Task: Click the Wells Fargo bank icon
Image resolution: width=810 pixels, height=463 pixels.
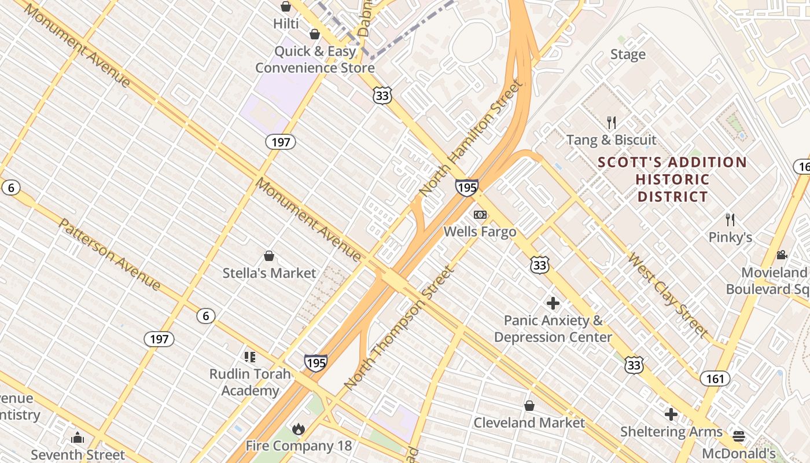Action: coord(480,215)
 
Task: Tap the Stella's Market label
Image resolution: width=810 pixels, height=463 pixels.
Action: coord(269,273)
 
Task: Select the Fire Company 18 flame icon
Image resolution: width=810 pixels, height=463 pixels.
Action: coord(299,429)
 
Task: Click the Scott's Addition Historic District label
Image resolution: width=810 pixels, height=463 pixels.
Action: coord(672,179)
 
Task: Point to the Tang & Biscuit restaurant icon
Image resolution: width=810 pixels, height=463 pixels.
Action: coord(612,123)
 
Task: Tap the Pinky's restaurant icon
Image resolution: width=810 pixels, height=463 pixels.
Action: coord(730,220)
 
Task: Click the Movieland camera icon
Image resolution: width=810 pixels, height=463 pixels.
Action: coord(782,255)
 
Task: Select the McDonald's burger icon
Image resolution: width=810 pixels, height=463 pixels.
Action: coord(738,436)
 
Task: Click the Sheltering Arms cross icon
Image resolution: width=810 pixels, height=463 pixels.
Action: coord(671,414)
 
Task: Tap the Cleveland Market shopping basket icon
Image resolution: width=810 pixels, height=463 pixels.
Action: coord(529,406)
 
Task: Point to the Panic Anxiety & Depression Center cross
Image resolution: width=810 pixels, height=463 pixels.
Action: coord(553,303)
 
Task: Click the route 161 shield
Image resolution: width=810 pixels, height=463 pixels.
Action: coord(715,379)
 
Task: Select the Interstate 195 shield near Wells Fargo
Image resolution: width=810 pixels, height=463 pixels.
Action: coord(466,188)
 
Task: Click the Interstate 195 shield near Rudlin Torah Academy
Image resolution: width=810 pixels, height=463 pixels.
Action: coord(315,363)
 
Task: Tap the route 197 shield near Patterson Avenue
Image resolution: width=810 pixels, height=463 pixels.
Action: coord(159,339)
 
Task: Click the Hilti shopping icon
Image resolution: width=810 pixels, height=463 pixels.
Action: coord(286,7)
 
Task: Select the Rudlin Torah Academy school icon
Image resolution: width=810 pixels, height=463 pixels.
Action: coord(250,357)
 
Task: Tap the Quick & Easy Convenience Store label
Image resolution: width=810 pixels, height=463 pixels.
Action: coord(315,60)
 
